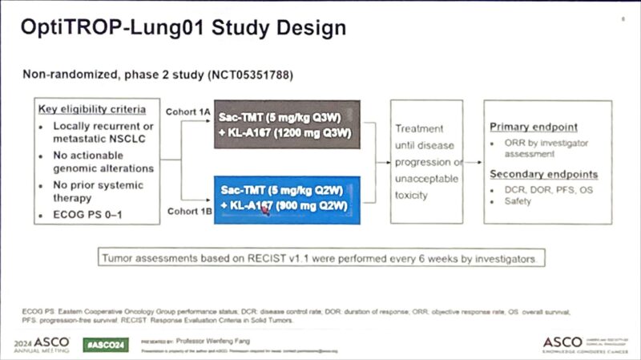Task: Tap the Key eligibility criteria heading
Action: [x=92, y=109]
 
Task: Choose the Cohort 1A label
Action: [x=187, y=111]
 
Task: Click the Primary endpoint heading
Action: [x=533, y=127]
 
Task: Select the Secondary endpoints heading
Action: [x=543, y=174]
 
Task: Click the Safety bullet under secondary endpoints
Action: [x=518, y=201]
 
